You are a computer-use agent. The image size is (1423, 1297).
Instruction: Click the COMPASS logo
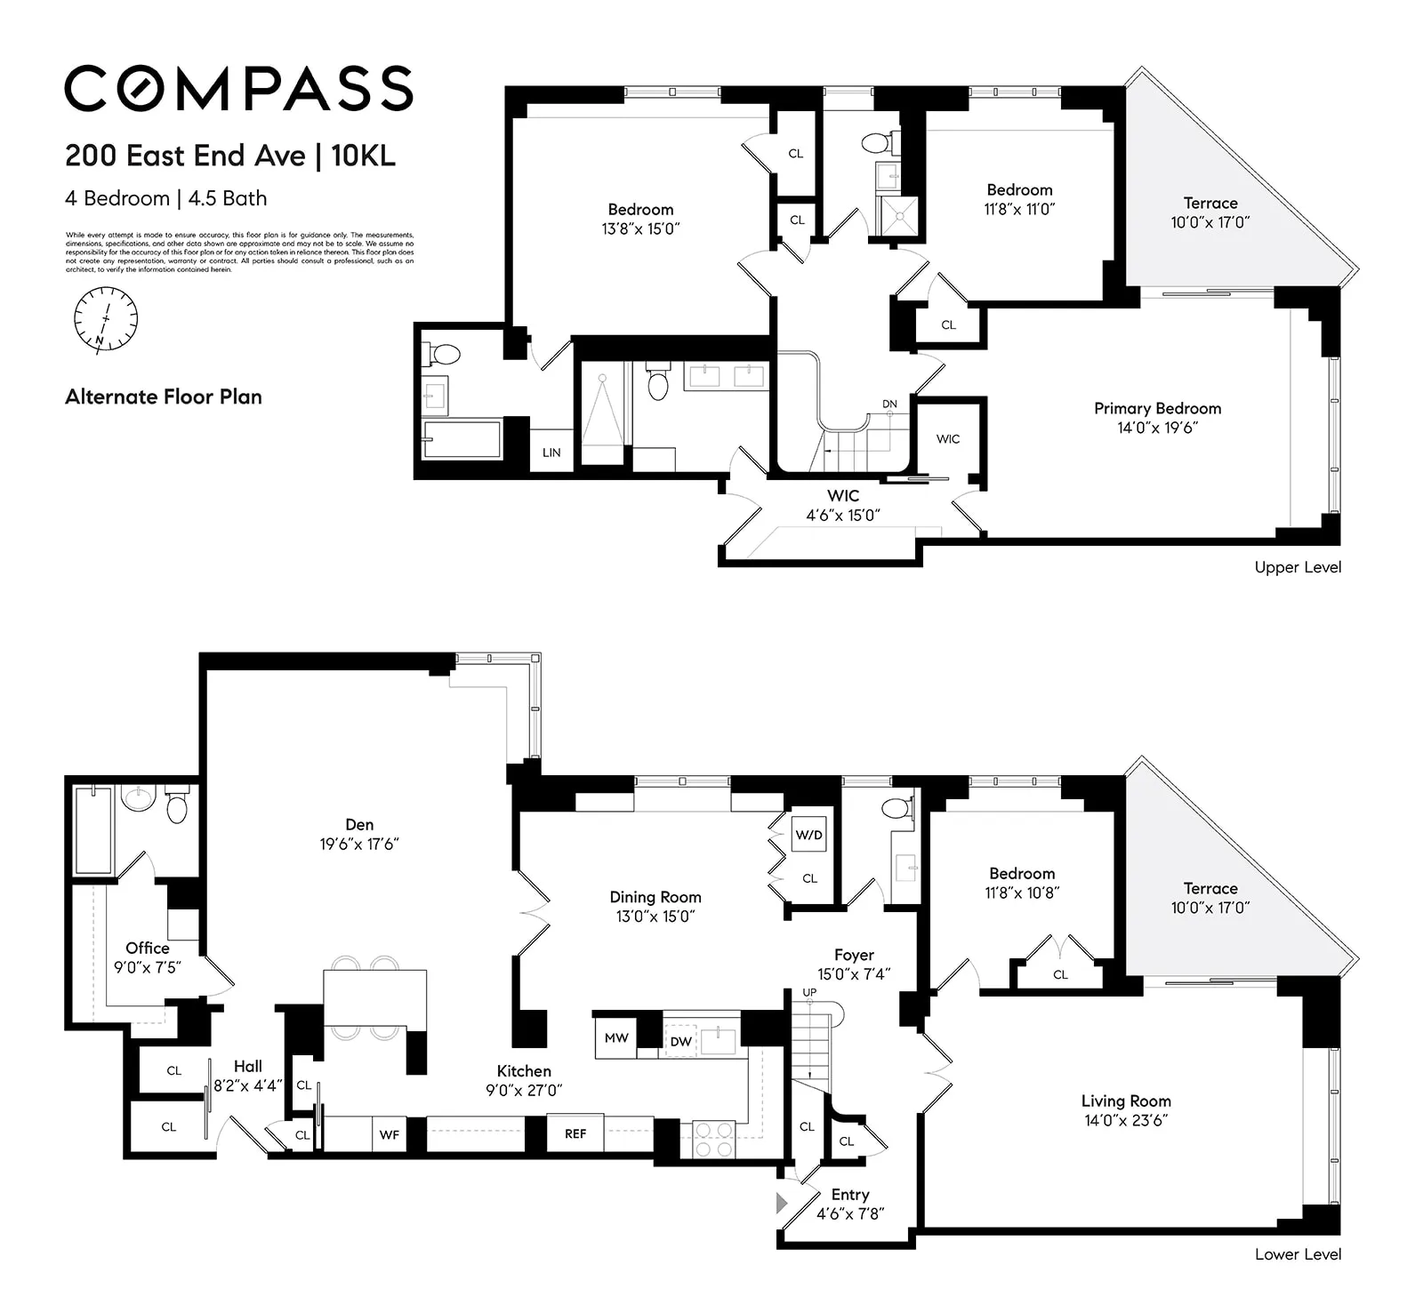pyautogui.click(x=238, y=88)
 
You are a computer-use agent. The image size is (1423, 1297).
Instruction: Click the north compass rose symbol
pyautogui.click(x=106, y=319)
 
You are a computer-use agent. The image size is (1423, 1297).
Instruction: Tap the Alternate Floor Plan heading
pyautogui.click(x=164, y=397)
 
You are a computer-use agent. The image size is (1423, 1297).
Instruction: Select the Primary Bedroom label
pyautogui.click(x=1157, y=409)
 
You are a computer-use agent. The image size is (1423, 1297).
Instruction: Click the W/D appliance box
pyautogui.click(x=808, y=836)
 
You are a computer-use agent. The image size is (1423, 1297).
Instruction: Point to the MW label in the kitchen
pyautogui.click(x=616, y=1038)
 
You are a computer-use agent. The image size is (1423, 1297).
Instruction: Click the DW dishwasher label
pyautogui.click(x=680, y=1042)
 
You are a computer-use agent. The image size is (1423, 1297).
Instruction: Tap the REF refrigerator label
pyautogui.click(x=575, y=1133)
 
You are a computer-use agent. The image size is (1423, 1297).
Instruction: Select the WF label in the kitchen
pyautogui.click(x=389, y=1135)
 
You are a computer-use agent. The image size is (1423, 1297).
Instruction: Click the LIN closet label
pyautogui.click(x=551, y=452)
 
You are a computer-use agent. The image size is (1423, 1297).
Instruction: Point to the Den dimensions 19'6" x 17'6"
pyautogui.click(x=359, y=845)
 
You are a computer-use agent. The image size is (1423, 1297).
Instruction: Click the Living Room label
pyautogui.click(x=1126, y=1101)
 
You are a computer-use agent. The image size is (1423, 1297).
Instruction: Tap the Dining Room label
pyautogui.click(x=655, y=898)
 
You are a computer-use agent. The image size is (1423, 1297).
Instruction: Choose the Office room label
pyautogui.click(x=148, y=949)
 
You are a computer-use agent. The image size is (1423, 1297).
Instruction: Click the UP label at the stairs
pyautogui.click(x=809, y=993)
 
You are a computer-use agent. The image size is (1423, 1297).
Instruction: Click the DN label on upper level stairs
pyautogui.click(x=889, y=404)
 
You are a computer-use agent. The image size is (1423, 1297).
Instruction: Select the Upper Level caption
pyautogui.click(x=1298, y=567)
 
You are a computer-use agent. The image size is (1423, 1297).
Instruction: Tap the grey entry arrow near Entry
pyautogui.click(x=782, y=1204)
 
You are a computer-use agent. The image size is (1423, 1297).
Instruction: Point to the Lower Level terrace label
pyautogui.click(x=1210, y=889)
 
